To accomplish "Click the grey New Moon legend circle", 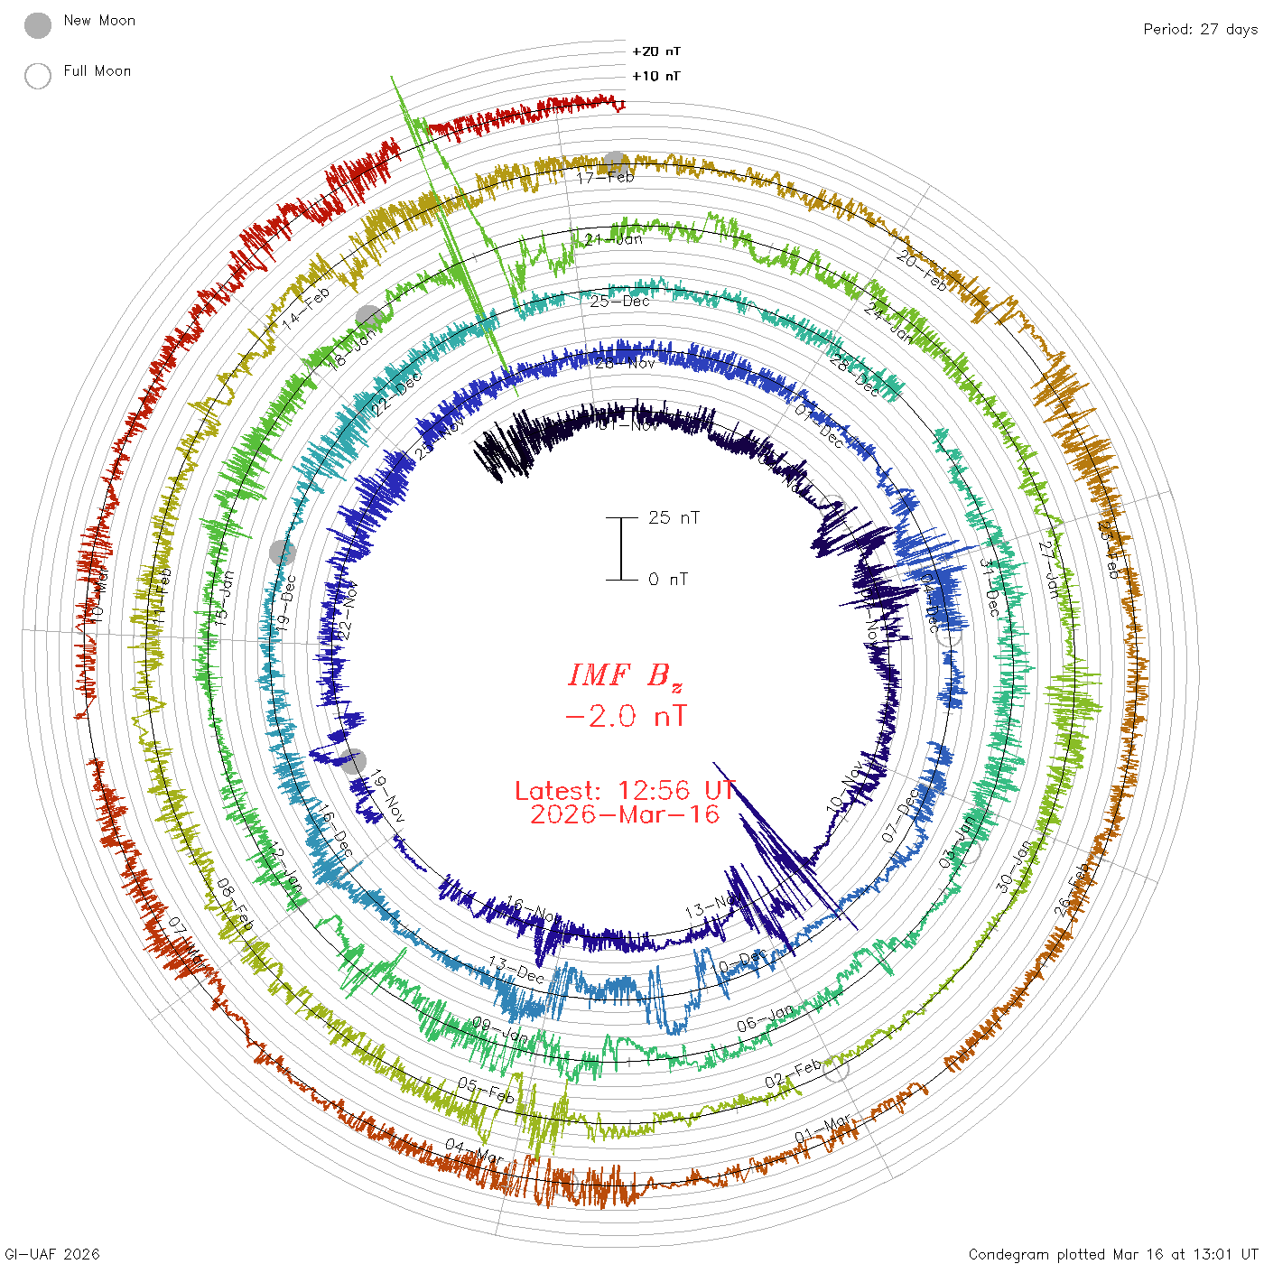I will (x=38, y=26).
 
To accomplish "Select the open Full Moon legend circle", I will (x=38, y=76).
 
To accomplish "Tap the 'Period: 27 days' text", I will (x=1200, y=29).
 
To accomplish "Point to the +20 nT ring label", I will (x=656, y=51).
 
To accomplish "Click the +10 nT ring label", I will (x=656, y=76).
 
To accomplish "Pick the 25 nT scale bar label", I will (x=674, y=517).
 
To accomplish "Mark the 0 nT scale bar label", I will (x=668, y=579).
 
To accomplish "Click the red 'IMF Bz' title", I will (x=625, y=675).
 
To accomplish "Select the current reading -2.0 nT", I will (x=625, y=717).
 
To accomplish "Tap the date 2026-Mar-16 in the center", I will (x=625, y=814).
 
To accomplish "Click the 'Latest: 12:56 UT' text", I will (x=625, y=791).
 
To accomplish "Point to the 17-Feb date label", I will (x=605, y=177).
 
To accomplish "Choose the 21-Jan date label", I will (x=613, y=239).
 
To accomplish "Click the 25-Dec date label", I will (x=619, y=301).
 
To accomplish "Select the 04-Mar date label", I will (x=474, y=1151).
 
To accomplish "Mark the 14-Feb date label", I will (x=306, y=309).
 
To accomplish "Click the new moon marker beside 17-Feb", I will (x=616, y=163).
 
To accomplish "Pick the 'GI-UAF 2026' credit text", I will (x=52, y=1254).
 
